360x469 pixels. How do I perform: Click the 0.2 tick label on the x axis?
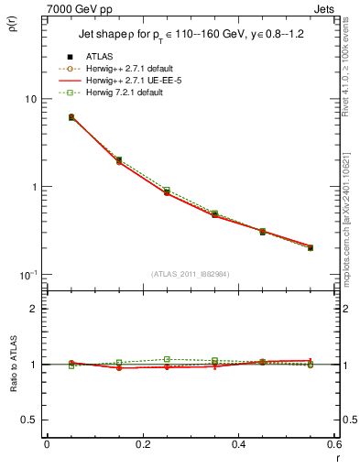coord(142,444)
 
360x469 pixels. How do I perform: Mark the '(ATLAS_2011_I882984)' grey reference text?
coord(190,274)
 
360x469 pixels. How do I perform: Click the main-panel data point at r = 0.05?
coord(71,117)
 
